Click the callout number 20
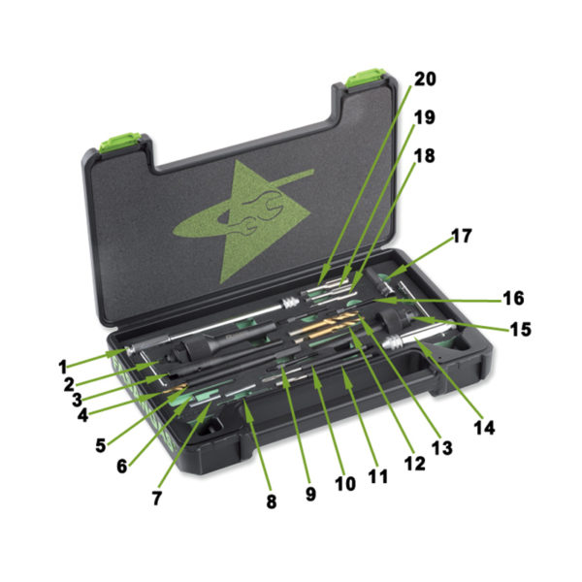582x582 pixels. (x=425, y=80)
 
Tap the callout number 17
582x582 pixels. (x=461, y=236)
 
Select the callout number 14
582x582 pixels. (x=485, y=428)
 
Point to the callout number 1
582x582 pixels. (x=63, y=367)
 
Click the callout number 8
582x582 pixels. (x=272, y=501)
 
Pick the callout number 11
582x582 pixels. (x=378, y=477)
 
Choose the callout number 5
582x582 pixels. (x=101, y=446)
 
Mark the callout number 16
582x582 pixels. (x=514, y=298)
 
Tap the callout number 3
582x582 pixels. (x=77, y=400)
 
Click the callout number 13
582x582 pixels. (x=442, y=448)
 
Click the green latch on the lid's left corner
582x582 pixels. (x=120, y=143)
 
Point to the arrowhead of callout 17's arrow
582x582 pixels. (x=387, y=276)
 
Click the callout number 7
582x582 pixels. (x=157, y=499)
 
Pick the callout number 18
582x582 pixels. (x=425, y=156)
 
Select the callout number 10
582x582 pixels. (x=345, y=484)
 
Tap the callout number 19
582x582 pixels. (x=425, y=117)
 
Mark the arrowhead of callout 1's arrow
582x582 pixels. (x=121, y=352)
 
